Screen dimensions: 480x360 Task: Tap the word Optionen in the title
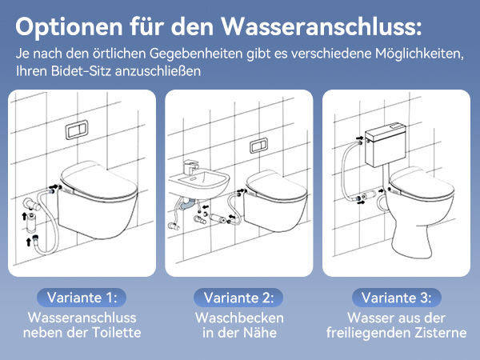[x=69, y=27]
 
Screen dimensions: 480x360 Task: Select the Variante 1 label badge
[x=82, y=298]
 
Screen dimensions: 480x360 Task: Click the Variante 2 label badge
[x=238, y=298]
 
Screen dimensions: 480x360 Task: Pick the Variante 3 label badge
[x=397, y=298]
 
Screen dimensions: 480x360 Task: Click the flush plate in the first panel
[x=77, y=130]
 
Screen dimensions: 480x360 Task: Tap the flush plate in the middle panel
[x=259, y=146]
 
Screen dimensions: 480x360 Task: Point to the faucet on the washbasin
[x=190, y=167]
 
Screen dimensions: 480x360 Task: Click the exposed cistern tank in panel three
[x=386, y=145]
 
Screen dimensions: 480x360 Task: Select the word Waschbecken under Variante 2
[x=239, y=318]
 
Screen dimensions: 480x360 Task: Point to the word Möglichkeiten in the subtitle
[x=419, y=54]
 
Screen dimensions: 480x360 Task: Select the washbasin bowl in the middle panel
[x=199, y=184]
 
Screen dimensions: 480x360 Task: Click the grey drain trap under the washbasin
[x=187, y=204]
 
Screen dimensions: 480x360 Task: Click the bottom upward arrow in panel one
[x=29, y=242]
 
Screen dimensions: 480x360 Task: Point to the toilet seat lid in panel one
[x=98, y=181]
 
